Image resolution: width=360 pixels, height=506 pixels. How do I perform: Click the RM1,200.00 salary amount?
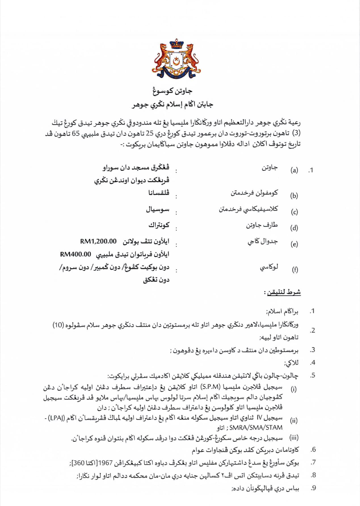point(98,242)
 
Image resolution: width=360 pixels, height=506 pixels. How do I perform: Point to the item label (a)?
point(294,170)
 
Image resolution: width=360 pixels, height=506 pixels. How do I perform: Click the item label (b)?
point(294,196)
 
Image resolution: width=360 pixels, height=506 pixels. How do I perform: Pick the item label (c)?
point(294,212)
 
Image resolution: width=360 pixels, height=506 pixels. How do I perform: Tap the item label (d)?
point(294,228)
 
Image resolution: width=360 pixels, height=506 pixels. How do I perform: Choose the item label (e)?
point(294,244)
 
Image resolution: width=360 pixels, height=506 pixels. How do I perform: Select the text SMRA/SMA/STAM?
point(256,427)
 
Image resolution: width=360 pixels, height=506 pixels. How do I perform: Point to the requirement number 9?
point(313,488)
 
